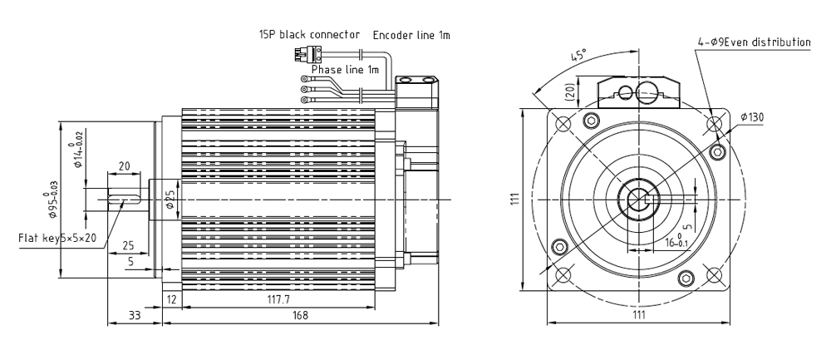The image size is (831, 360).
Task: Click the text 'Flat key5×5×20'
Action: tap(58, 238)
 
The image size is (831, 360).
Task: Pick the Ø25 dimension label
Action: tap(170, 200)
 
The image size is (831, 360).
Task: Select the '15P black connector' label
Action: tap(310, 35)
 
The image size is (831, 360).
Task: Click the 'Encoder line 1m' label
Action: tap(411, 35)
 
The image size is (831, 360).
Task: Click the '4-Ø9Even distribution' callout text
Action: tap(754, 42)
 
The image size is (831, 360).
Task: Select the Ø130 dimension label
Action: tap(751, 117)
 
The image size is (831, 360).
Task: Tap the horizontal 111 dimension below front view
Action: tap(638, 315)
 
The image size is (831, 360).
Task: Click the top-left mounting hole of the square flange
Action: tap(563, 124)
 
